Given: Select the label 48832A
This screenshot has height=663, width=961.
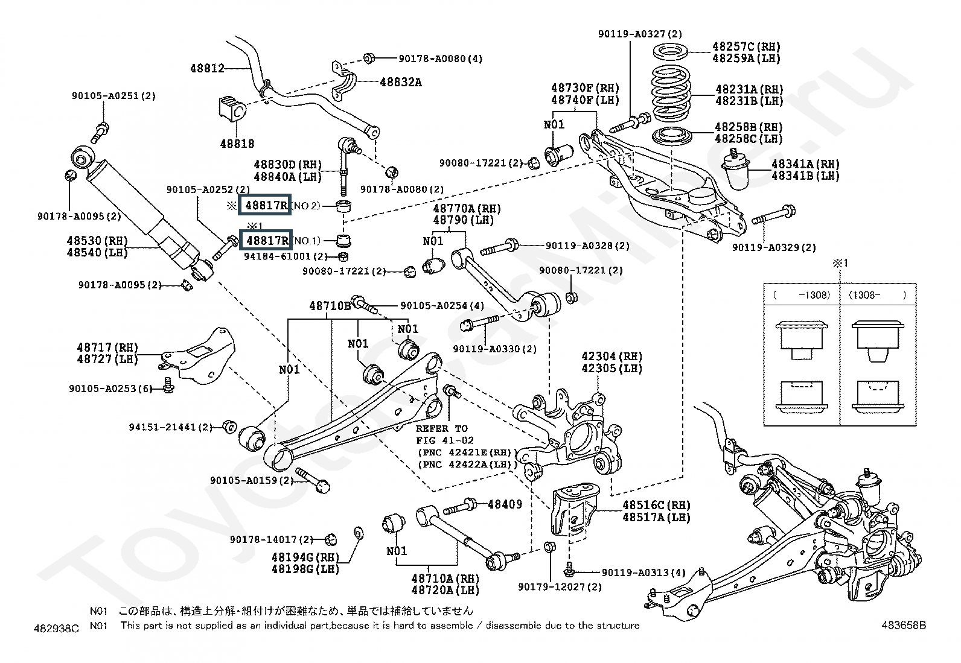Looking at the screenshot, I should [x=401, y=82].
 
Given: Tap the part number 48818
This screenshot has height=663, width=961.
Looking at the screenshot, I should [x=237, y=144].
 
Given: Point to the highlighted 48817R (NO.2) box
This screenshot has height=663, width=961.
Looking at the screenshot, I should [x=266, y=206].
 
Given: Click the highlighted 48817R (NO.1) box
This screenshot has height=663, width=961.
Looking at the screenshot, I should [x=266, y=241].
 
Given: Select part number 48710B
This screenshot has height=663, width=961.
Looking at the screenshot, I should [x=330, y=306].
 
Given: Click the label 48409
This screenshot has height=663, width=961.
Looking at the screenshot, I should [x=505, y=504].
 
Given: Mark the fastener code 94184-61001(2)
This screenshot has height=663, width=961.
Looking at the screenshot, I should [x=286, y=256].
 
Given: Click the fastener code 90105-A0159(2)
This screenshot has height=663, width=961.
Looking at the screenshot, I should [x=252, y=480].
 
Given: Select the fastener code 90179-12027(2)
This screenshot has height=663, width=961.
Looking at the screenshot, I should [x=560, y=586].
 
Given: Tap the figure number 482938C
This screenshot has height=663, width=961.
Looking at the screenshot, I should [x=56, y=629].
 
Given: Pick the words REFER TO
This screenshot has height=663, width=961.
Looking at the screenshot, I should [x=441, y=428].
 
